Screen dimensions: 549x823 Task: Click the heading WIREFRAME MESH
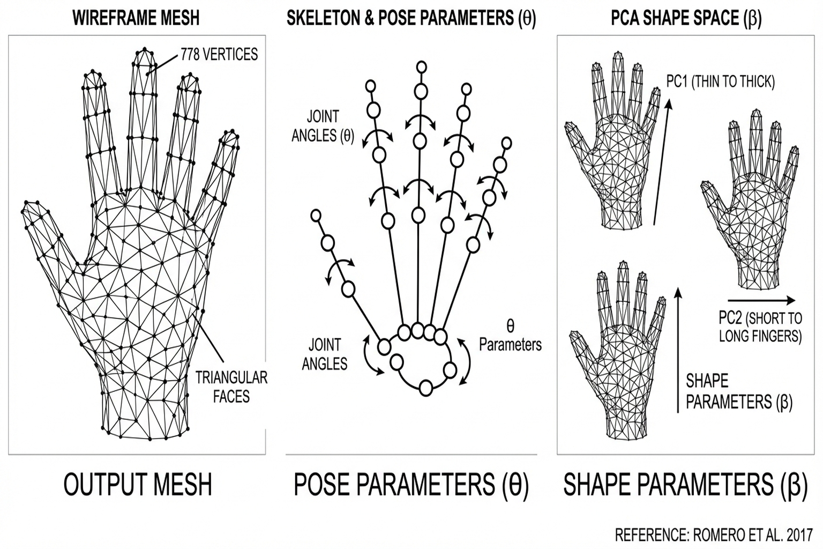pyautogui.click(x=136, y=18)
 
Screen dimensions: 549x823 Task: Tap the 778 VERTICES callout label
pyautogui.click(x=219, y=54)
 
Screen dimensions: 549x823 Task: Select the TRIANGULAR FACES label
pyautogui.click(x=231, y=387)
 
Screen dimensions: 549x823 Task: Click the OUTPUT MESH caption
pyautogui.click(x=138, y=484)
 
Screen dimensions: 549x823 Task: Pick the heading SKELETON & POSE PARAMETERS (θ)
pyautogui.click(x=411, y=18)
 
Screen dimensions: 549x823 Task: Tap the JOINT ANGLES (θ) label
pyautogui.click(x=323, y=125)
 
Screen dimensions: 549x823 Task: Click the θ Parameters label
pyautogui.click(x=510, y=336)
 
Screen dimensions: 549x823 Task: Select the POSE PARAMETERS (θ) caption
pyautogui.click(x=411, y=484)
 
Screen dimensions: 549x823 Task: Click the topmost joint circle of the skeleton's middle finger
pyautogui.click(x=422, y=67)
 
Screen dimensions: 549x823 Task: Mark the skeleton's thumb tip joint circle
pyautogui.click(x=316, y=216)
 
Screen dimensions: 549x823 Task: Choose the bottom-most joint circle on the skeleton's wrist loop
pyautogui.click(x=426, y=387)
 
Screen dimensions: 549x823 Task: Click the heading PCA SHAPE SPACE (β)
pyautogui.click(x=686, y=18)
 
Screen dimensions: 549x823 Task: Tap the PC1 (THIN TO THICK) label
pyautogui.click(x=721, y=81)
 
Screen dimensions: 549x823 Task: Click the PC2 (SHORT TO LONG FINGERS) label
pyautogui.click(x=760, y=327)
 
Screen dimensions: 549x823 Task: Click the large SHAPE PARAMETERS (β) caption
pyautogui.click(x=685, y=484)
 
